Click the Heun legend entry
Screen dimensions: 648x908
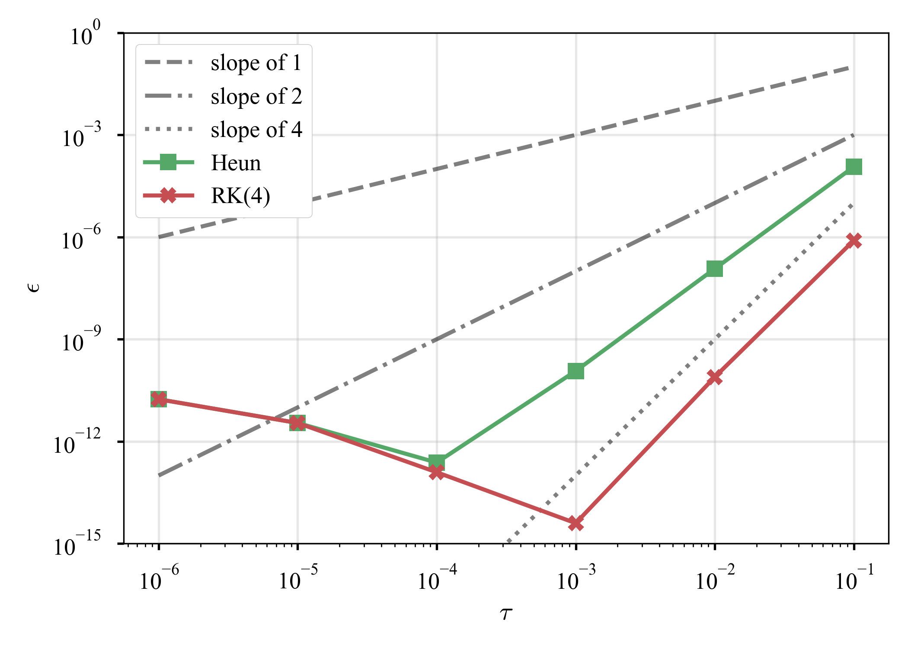click(x=236, y=163)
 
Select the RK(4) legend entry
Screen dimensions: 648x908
click(x=240, y=196)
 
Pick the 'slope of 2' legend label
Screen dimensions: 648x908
click(x=256, y=96)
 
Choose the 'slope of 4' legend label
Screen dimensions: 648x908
click(x=256, y=129)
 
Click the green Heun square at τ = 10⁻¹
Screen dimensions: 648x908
click(x=854, y=166)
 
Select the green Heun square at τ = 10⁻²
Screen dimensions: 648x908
click(x=715, y=268)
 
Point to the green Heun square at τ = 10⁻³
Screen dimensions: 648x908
click(x=575, y=371)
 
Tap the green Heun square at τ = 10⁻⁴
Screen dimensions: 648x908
click(x=437, y=462)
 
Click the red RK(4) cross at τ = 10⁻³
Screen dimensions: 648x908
click(x=575, y=523)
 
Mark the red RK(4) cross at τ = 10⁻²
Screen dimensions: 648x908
click(x=715, y=377)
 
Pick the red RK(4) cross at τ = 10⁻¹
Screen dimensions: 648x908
click(x=854, y=241)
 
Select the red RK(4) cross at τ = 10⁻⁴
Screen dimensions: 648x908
click(x=437, y=473)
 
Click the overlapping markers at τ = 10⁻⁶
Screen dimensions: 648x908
click(x=159, y=399)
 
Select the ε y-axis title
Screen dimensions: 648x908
click(x=34, y=287)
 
